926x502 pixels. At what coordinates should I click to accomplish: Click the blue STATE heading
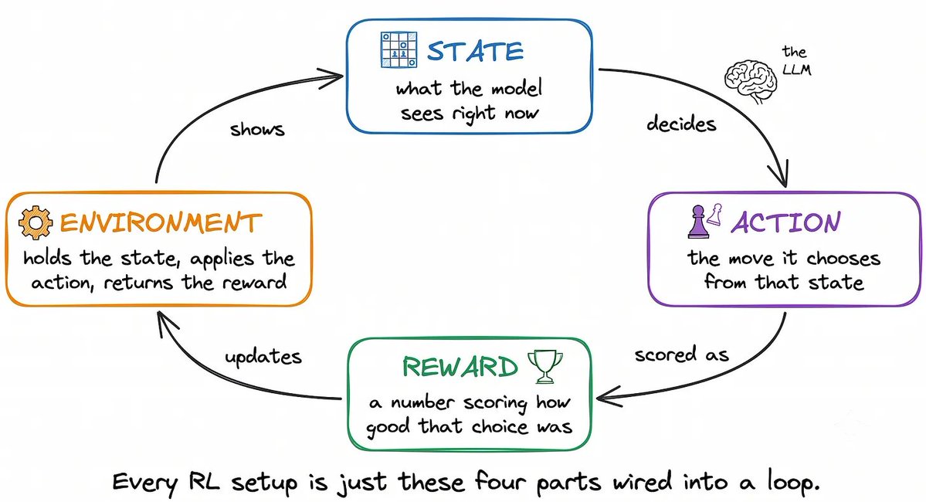(476, 52)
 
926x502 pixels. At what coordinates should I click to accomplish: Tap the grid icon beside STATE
(399, 49)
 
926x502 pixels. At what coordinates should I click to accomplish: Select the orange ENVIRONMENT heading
(161, 222)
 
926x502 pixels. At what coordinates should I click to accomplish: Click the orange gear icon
(35, 222)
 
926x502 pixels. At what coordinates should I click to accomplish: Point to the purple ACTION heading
(786, 222)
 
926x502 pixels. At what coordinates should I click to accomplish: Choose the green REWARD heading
(460, 367)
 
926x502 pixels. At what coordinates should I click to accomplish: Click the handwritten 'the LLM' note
(796, 61)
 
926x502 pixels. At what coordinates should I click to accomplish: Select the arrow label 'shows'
(257, 129)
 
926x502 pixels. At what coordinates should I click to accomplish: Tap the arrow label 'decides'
(681, 124)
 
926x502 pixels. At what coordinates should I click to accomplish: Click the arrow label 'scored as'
(681, 354)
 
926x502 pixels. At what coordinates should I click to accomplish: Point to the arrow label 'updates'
(263, 356)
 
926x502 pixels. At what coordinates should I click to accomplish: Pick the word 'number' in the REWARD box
(422, 402)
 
